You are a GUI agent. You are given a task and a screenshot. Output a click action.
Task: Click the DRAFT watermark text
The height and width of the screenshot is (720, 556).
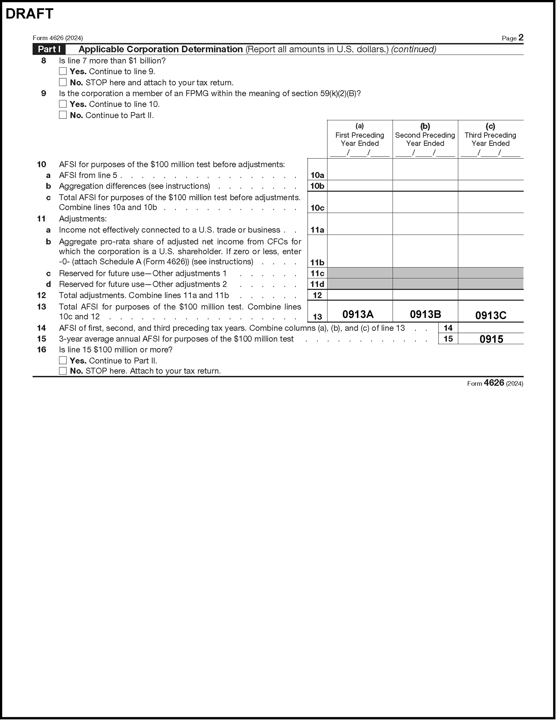[30, 14]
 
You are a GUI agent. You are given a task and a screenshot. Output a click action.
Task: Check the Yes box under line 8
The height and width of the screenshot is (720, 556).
[63, 71]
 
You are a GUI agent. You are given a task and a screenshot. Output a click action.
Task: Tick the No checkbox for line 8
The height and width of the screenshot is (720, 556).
[63, 82]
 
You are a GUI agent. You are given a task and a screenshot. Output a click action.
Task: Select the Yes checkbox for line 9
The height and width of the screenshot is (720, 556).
[63, 104]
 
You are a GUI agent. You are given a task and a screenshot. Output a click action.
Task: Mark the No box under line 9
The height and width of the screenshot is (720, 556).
[63, 115]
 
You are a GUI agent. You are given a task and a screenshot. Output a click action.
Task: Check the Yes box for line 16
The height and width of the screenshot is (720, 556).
[63, 360]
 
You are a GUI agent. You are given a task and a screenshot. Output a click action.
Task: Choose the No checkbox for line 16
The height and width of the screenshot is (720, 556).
[63, 371]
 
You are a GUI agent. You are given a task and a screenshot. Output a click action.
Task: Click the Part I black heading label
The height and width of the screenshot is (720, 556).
[49, 49]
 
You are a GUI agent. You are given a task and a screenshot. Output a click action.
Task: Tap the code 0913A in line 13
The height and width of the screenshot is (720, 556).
[358, 314]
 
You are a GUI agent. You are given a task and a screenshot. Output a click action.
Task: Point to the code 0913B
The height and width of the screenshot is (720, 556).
[425, 314]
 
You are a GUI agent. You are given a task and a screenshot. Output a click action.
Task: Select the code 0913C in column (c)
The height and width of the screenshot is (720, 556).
[491, 316]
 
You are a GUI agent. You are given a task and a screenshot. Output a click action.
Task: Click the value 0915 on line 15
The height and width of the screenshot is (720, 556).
[491, 339]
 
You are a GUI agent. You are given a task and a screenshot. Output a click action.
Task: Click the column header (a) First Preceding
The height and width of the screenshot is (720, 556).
[360, 135]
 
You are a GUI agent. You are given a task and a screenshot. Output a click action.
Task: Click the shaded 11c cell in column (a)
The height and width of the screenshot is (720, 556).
[360, 273]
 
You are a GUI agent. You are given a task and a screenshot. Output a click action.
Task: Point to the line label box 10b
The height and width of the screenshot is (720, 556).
[317, 186]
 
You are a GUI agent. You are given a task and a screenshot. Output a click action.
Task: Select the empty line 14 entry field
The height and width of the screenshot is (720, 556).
[491, 328]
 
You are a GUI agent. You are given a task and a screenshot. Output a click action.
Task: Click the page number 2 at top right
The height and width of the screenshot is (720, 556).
[521, 37]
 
